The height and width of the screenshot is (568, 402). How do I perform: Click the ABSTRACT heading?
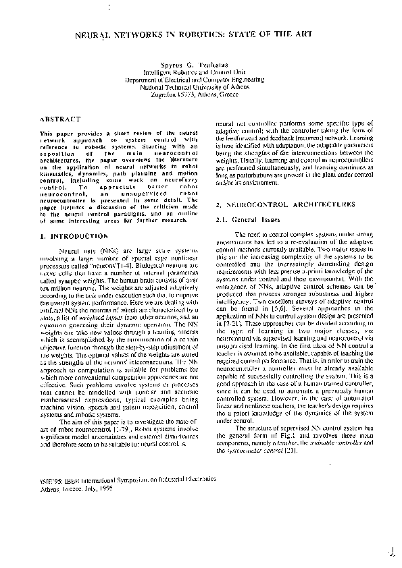(60, 120)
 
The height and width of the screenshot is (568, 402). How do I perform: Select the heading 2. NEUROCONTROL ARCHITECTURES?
(282, 204)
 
